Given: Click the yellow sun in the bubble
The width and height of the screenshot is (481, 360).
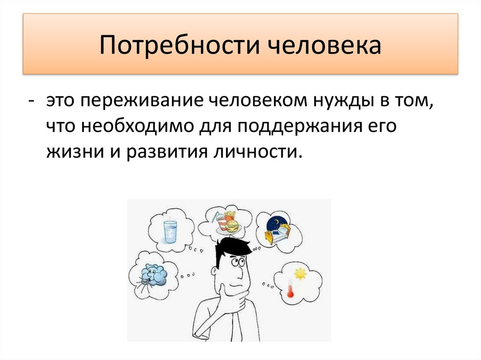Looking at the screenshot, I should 299,273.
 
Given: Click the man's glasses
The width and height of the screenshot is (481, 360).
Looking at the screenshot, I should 238,262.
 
